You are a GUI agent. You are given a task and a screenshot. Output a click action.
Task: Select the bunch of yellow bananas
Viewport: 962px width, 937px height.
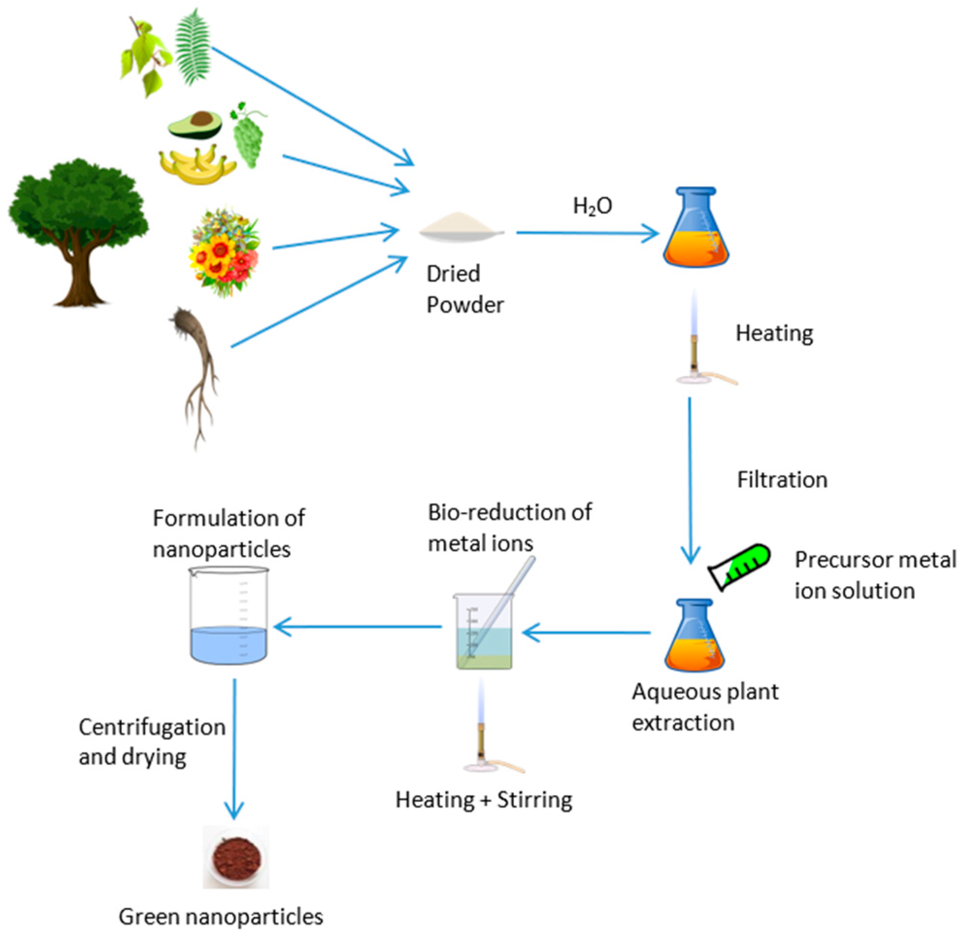coord(197,165)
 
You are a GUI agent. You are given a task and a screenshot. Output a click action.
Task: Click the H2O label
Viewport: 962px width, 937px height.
coord(592,206)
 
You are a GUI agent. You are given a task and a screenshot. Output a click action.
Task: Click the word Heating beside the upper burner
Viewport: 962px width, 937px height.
coord(774,333)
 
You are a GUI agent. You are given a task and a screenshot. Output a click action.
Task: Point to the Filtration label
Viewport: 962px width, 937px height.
coord(781,480)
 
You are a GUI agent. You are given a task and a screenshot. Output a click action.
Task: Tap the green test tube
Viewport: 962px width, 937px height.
coord(740,566)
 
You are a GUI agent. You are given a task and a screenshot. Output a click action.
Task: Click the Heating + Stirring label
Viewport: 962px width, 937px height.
coord(484,800)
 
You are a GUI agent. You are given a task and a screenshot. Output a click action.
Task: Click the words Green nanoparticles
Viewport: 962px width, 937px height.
coord(221,917)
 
